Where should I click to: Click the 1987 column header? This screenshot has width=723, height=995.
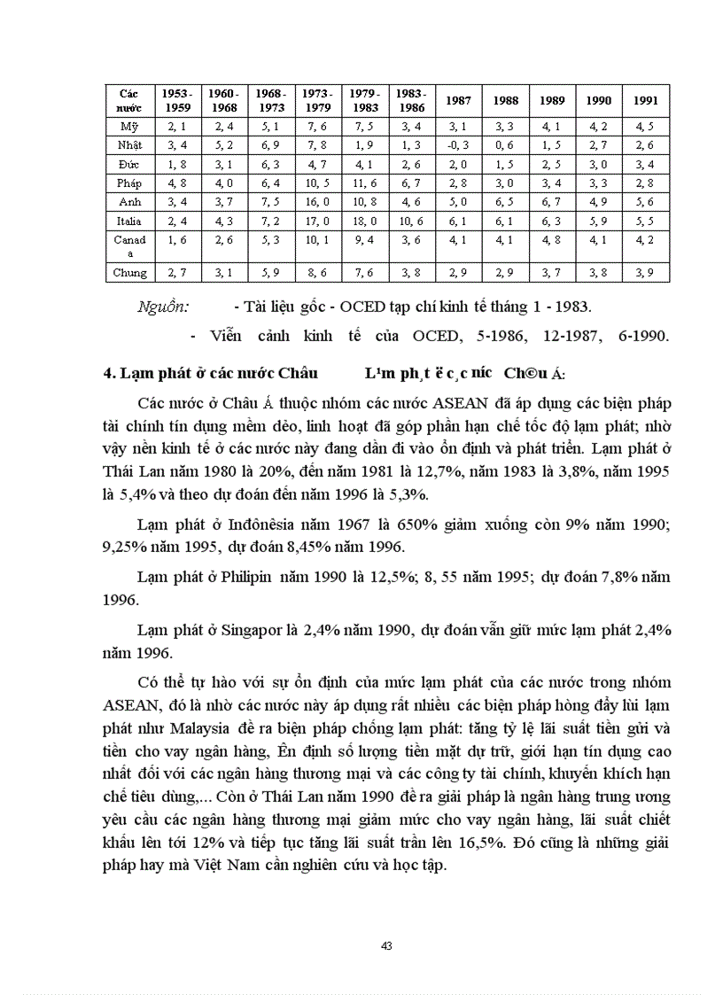(x=457, y=101)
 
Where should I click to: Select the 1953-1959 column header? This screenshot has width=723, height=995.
(x=177, y=100)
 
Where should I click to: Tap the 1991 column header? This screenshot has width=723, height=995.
(x=645, y=101)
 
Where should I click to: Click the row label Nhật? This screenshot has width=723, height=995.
(x=129, y=144)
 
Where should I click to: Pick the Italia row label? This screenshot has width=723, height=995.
(x=129, y=221)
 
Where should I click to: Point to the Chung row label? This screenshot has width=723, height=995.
(x=129, y=273)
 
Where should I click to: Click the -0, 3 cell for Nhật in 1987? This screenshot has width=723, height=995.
(x=457, y=144)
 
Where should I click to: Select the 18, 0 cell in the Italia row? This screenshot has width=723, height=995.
(x=364, y=221)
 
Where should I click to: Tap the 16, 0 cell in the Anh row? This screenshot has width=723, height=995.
(x=316, y=201)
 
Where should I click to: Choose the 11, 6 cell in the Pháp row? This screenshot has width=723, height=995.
(x=364, y=183)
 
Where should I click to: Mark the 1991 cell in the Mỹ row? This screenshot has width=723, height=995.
(x=645, y=126)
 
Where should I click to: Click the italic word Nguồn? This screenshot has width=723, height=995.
(x=163, y=307)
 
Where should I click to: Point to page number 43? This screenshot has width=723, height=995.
(x=386, y=946)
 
